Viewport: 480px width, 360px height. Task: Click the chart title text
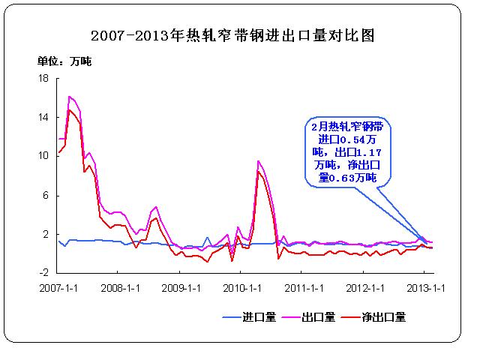pos(232,35)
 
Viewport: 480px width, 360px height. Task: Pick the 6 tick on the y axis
pos(45,195)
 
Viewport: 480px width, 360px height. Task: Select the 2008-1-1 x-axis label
pos(121,287)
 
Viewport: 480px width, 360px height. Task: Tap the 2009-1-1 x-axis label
pos(182,287)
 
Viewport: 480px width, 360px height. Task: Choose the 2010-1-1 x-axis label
pos(244,287)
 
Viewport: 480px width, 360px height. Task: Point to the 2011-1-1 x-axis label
pos(305,287)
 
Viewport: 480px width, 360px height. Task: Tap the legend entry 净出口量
pos(385,317)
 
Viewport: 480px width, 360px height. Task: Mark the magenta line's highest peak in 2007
pos(69,96)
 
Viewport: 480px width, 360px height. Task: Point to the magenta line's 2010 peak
pos(259,160)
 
